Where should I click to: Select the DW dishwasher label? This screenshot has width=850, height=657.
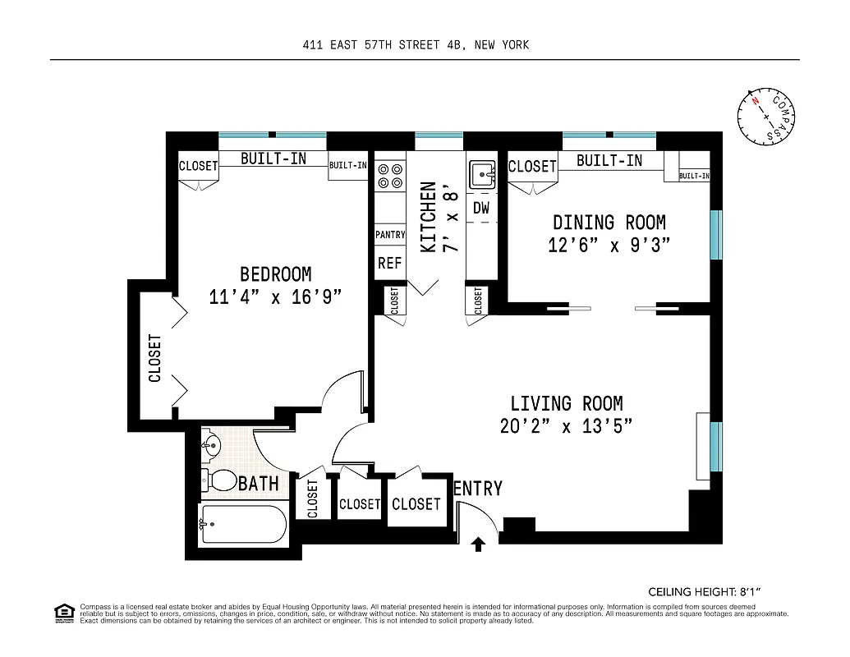(x=481, y=209)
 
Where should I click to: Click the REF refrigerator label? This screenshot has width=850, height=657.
(x=389, y=264)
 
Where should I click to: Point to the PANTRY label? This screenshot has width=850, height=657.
(x=390, y=235)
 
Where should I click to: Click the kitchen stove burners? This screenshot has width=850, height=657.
(x=389, y=176)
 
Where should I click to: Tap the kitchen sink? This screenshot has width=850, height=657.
(x=481, y=175)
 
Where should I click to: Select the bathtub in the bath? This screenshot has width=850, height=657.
(x=243, y=524)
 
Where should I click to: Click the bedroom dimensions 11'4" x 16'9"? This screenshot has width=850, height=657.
(x=275, y=296)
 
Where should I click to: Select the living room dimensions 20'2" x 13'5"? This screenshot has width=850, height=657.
(x=566, y=426)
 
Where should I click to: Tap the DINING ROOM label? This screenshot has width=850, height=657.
(x=609, y=223)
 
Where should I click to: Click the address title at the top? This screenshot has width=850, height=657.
(x=416, y=45)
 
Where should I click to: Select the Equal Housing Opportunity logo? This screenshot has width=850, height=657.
(x=64, y=612)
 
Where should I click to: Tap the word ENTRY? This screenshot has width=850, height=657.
(x=478, y=489)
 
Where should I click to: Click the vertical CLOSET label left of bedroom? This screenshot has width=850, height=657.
(x=154, y=358)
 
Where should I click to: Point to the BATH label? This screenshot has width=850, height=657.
(x=258, y=484)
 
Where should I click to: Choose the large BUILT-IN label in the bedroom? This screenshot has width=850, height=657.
(x=273, y=159)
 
